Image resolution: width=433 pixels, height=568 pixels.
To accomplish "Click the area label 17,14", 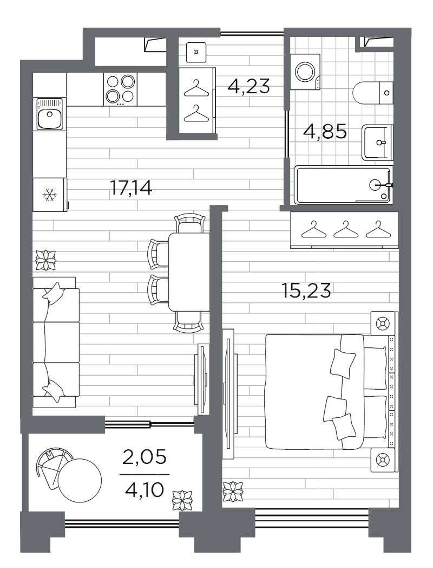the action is click(x=131, y=188).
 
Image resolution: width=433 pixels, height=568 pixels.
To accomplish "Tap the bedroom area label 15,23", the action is click(x=306, y=291).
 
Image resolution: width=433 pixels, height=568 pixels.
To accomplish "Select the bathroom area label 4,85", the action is click(x=325, y=132).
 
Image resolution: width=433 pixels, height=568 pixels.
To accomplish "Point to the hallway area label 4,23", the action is click(x=249, y=87).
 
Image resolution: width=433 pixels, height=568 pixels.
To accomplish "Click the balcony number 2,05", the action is click(x=145, y=457).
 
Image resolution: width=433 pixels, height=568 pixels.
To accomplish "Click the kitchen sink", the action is click(x=49, y=114).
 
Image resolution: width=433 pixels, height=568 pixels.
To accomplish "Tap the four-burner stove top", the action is click(x=120, y=89).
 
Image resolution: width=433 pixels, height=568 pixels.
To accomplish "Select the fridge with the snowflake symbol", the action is click(x=50, y=195).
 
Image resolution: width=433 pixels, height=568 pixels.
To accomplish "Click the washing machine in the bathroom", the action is click(x=306, y=72).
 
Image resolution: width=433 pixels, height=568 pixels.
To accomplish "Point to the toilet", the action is click(x=372, y=93).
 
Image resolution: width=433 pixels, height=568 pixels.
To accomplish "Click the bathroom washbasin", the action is click(x=377, y=143).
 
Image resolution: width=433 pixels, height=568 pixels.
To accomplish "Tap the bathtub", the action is click(x=342, y=185).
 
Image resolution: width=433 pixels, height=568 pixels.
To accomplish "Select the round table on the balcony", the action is click(x=80, y=480).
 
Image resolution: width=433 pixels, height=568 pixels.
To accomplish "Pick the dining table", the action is click(x=189, y=272).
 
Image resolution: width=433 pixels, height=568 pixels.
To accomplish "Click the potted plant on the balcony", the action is click(x=182, y=500).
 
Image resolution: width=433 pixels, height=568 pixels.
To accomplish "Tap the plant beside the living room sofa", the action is click(x=46, y=260).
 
